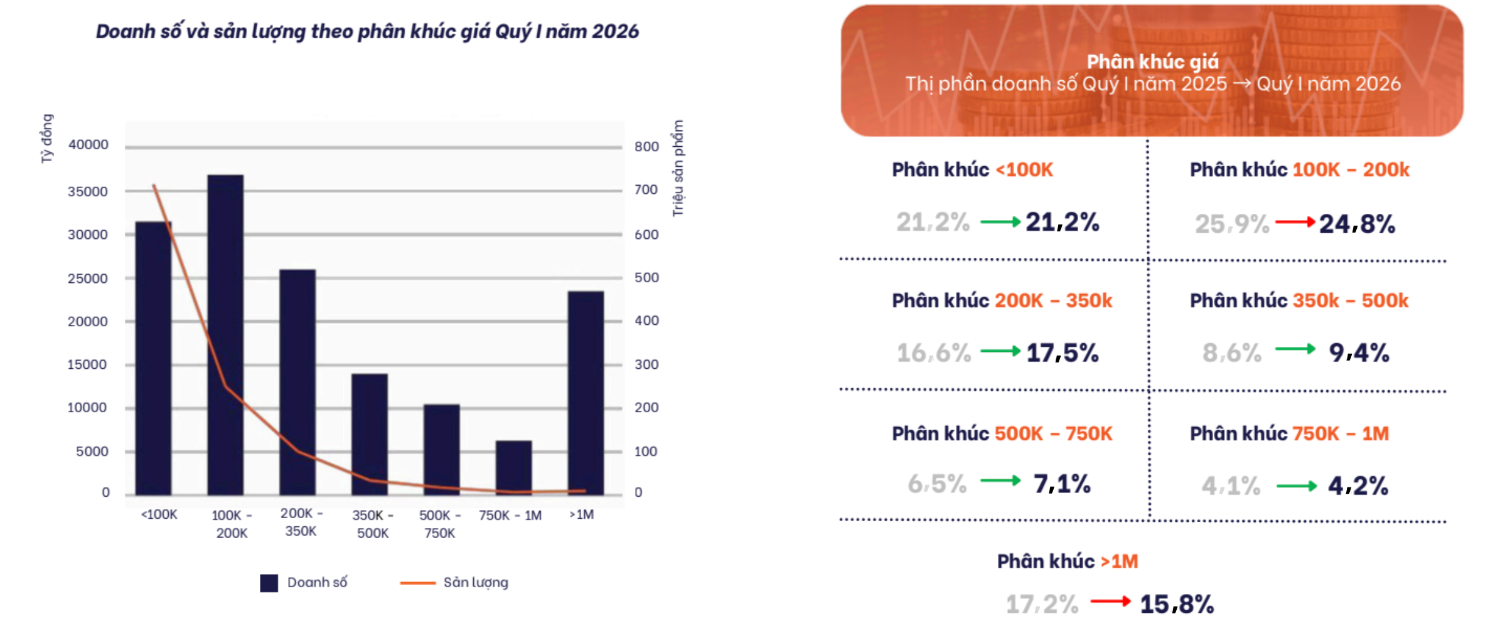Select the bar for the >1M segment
click(x=586, y=393)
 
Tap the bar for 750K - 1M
click(x=513, y=467)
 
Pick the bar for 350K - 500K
click(x=369, y=434)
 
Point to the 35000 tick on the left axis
click(x=88, y=191)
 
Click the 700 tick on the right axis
click(x=646, y=189)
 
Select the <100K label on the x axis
click(x=159, y=515)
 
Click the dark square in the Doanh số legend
click(x=269, y=583)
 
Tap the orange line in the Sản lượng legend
click(x=417, y=583)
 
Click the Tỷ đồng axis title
click(x=47, y=139)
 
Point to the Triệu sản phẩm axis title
click(x=678, y=168)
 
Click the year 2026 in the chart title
click(x=615, y=31)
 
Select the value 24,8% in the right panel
click(x=1357, y=224)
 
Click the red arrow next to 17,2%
click(x=1110, y=602)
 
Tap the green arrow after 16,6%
click(x=1000, y=351)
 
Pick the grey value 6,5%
click(x=937, y=484)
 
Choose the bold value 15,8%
click(x=1177, y=605)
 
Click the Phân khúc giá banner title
click(x=1152, y=61)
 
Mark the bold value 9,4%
click(x=1359, y=353)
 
